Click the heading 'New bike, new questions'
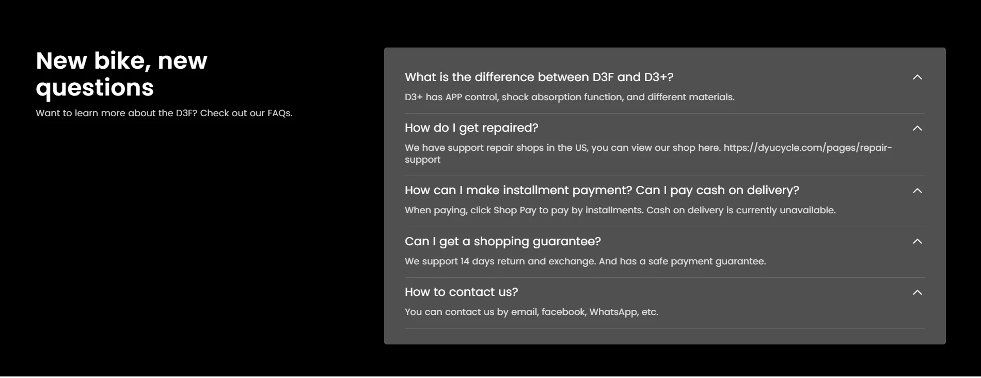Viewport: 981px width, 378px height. tap(122, 74)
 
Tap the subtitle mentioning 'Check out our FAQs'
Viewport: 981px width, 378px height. tap(164, 113)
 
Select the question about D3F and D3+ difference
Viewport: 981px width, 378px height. tap(539, 77)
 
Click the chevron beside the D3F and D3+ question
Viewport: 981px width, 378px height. tap(917, 77)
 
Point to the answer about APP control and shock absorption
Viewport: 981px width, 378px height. tap(569, 97)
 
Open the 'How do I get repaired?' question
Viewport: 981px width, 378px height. tap(471, 128)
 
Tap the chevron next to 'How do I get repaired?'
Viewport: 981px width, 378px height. tap(917, 128)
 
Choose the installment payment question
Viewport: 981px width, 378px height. tap(602, 190)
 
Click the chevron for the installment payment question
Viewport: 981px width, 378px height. tap(917, 191)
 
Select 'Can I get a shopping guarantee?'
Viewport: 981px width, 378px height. tap(503, 241)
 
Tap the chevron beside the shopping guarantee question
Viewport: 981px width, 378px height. tap(917, 241)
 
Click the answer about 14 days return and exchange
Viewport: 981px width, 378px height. tap(585, 261)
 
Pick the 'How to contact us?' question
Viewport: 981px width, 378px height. tap(461, 292)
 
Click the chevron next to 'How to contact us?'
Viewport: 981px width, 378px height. tap(917, 292)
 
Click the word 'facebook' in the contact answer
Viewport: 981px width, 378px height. tap(564, 312)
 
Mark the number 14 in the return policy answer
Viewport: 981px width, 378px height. tap(465, 261)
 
